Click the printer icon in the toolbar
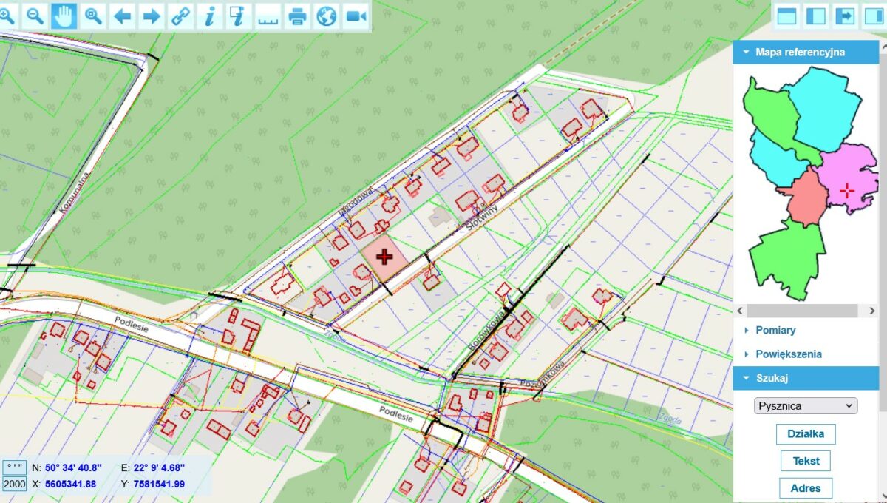pyautogui.click(x=297, y=16)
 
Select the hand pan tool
pyautogui.click(x=64, y=16)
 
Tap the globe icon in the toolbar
pyautogui.click(x=327, y=16)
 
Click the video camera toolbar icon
pyautogui.click(x=356, y=16)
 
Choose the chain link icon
pyautogui.click(x=180, y=16)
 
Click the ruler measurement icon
pyautogui.click(x=268, y=16)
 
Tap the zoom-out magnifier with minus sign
pyautogui.click(x=34, y=16)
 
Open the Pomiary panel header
pyautogui.click(x=775, y=330)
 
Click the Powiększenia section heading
pyautogui.click(x=788, y=354)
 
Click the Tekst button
pyautogui.click(x=806, y=461)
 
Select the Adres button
pyautogui.click(x=806, y=488)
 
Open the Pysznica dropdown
pyautogui.click(x=805, y=405)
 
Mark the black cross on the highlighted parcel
pyautogui.click(x=384, y=257)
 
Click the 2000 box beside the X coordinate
pyautogui.click(x=15, y=485)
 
